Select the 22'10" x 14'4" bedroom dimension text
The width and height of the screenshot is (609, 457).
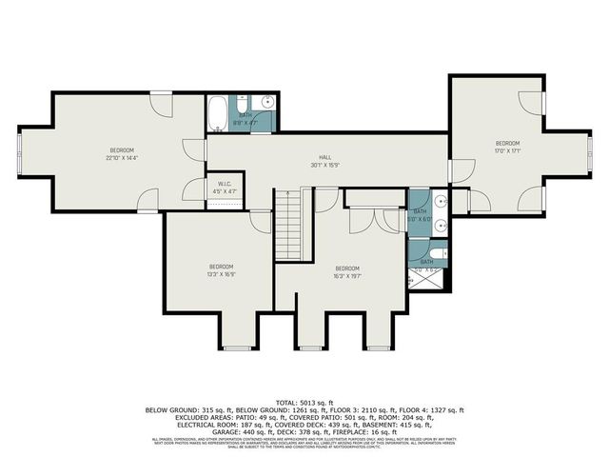pos(121,158)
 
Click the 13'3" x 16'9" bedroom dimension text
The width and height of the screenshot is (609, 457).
pos(221,274)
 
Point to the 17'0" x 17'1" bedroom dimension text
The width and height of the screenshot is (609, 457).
pos(506,150)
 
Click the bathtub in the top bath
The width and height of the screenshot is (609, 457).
pos(218,114)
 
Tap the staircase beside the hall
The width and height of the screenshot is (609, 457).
pos(288,225)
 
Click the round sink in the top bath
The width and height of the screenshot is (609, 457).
pos(267,102)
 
